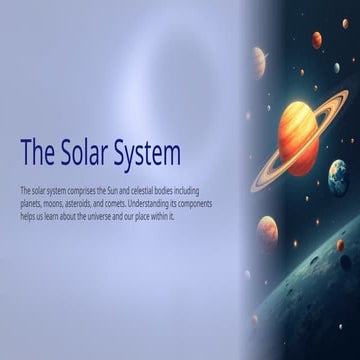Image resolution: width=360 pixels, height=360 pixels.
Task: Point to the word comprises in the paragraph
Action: (81, 189)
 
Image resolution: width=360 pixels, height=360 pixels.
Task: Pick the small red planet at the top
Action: (316, 40)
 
